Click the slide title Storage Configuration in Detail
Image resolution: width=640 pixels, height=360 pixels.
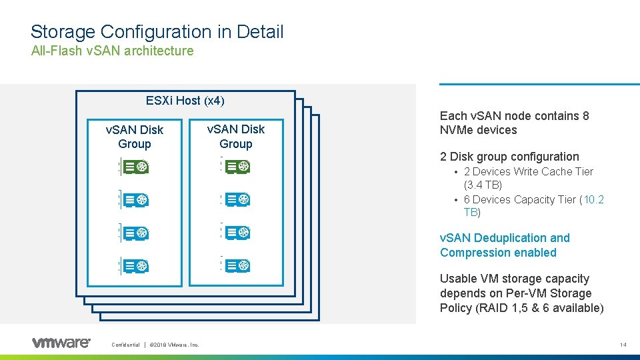pos(157,31)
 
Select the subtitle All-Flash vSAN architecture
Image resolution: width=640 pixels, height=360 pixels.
pos(112,51)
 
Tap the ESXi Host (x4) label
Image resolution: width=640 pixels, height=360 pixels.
pos(185,101)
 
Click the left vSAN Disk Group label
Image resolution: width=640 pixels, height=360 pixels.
pos(135,137)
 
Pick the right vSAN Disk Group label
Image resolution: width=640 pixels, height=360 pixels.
pos(236,136)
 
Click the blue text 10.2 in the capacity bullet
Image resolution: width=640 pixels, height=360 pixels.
pos(593,199)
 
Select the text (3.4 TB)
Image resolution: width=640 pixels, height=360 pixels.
pos(483,185)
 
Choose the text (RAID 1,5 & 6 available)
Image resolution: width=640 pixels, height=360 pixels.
pos(522,307)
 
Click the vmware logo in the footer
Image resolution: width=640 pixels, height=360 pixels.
pos(61,343)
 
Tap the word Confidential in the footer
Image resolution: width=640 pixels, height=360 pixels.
pos(125,345)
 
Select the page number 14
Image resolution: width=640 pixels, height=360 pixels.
pos(623,345)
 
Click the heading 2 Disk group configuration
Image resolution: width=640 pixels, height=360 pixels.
pos(509,157)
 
